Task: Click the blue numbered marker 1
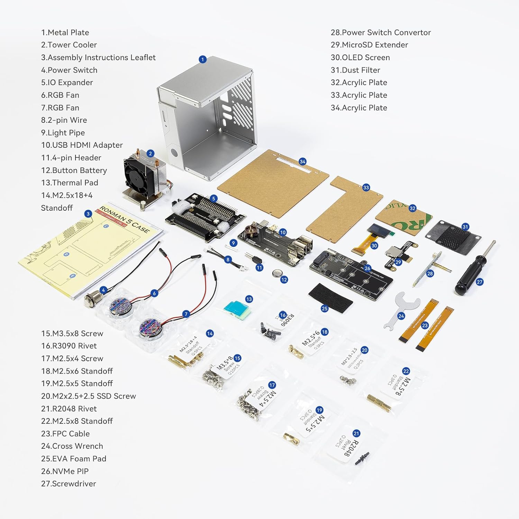coord(203,60)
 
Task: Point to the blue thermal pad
coord(237,308)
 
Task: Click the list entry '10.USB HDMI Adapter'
coord(82,145)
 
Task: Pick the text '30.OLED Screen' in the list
coord(360,57)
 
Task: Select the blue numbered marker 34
coord(302,162)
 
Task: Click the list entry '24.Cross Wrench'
coord(72,446)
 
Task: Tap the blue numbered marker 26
coord(367,268)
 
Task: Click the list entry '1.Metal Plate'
coord(65,33)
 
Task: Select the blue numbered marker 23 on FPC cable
coord(425,325)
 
